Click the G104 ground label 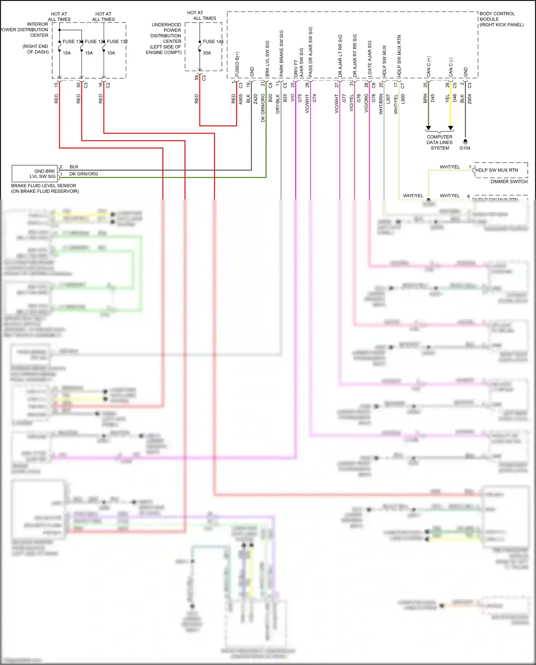(465, 148)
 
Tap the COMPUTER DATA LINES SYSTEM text (440, 142)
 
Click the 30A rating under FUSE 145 (207, 53)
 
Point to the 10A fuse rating (111, 53)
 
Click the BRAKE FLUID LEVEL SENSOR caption (44, 186)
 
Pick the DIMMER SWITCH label (509, 182)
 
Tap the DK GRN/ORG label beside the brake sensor (84, 174)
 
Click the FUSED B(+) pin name (237, 64)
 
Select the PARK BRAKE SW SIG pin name (282, 54)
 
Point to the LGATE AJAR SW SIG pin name (370, 59)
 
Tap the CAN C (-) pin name (451, 67)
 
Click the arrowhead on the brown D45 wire (428, 128)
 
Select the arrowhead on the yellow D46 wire (451, 128)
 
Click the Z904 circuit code (470, 99)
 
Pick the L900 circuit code (403, 99)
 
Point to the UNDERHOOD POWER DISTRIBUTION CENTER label (166, 36)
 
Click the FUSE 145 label (213, 41)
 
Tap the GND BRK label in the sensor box (45, 171)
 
